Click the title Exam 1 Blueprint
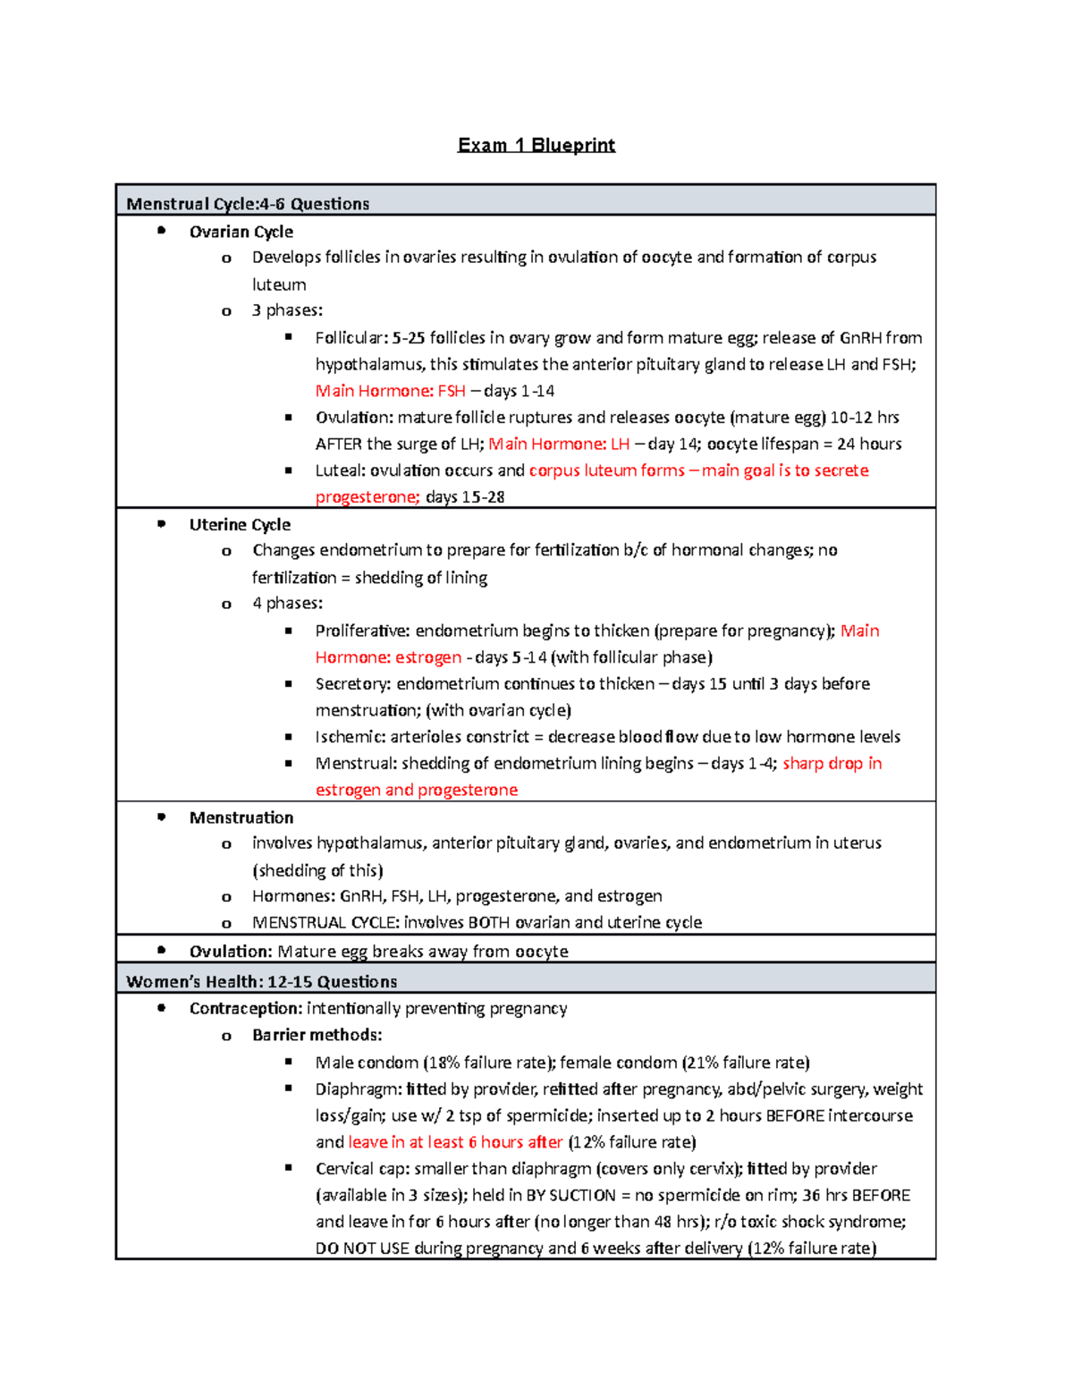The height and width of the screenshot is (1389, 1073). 536,145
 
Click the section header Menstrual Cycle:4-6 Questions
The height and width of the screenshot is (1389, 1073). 248,204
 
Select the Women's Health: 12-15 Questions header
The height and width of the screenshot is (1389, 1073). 261,981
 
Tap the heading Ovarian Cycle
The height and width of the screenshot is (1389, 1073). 241,232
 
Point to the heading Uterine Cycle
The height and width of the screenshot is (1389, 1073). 240,525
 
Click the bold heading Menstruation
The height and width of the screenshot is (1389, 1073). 241,817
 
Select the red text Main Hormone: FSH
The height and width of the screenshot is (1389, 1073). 390,391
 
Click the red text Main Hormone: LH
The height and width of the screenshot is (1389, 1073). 559,444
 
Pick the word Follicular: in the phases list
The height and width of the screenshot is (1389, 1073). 351,338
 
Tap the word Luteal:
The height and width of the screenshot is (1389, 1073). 340,470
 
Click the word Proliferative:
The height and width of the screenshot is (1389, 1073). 362,631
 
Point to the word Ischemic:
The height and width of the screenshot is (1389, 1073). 350,737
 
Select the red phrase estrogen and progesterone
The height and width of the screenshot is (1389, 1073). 416,790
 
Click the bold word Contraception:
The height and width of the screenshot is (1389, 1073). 245,1008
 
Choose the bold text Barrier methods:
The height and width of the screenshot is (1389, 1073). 317,1035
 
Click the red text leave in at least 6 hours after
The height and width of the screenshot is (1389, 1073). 455,1142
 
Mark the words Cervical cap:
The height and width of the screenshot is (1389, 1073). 361,1169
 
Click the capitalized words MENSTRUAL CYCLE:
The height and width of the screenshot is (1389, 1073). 325,922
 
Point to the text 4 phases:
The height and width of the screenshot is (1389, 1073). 287,603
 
